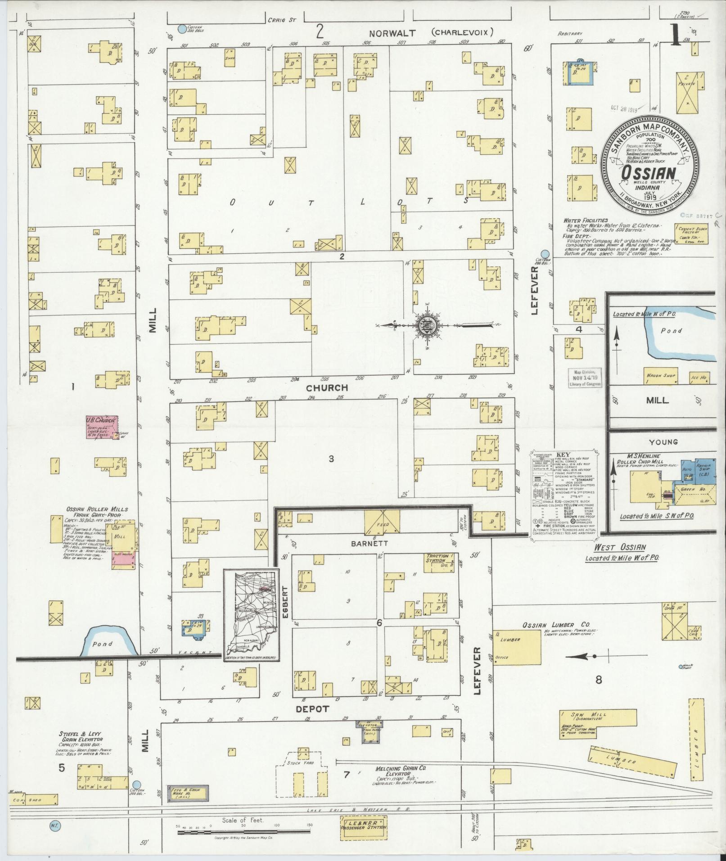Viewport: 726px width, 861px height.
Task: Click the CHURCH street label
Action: (327, 388)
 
